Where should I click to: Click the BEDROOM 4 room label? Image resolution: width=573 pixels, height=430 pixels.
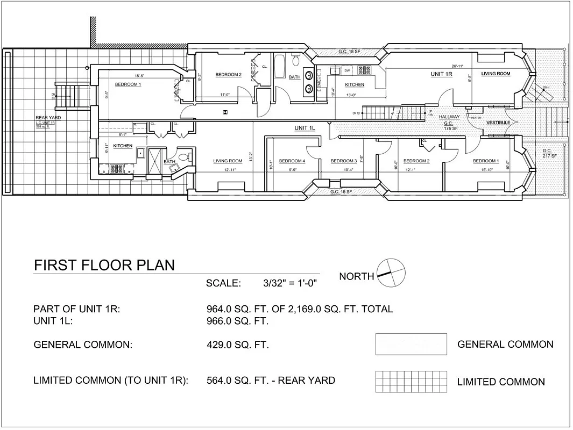click(292, 161)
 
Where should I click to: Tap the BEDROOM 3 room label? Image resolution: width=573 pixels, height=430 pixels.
click(344, 161)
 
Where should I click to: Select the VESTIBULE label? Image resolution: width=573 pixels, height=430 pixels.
click(498, 123)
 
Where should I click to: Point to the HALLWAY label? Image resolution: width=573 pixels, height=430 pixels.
click(449, 117)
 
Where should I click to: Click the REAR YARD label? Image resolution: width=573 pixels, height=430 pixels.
click(46, 118)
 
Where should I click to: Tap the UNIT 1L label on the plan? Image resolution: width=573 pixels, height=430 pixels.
click(305, 128)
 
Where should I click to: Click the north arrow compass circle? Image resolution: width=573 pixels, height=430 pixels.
click(390, 273)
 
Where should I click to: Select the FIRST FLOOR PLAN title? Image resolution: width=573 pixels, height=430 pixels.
click(104, 266)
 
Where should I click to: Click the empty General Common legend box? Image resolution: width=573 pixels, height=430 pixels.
click(411, 344)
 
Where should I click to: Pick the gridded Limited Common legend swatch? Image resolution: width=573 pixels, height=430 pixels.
click(411, 381)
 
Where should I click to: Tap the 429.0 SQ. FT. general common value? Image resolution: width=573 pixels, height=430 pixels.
click(238, 345)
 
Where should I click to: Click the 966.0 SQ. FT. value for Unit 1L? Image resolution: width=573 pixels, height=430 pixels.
click(237, 321)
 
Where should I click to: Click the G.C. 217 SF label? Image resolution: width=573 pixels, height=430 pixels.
click(550, 153)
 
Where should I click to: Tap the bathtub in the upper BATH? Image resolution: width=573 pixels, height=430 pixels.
click(280, 67)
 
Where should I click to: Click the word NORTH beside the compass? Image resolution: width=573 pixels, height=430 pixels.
click(356, 276)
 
